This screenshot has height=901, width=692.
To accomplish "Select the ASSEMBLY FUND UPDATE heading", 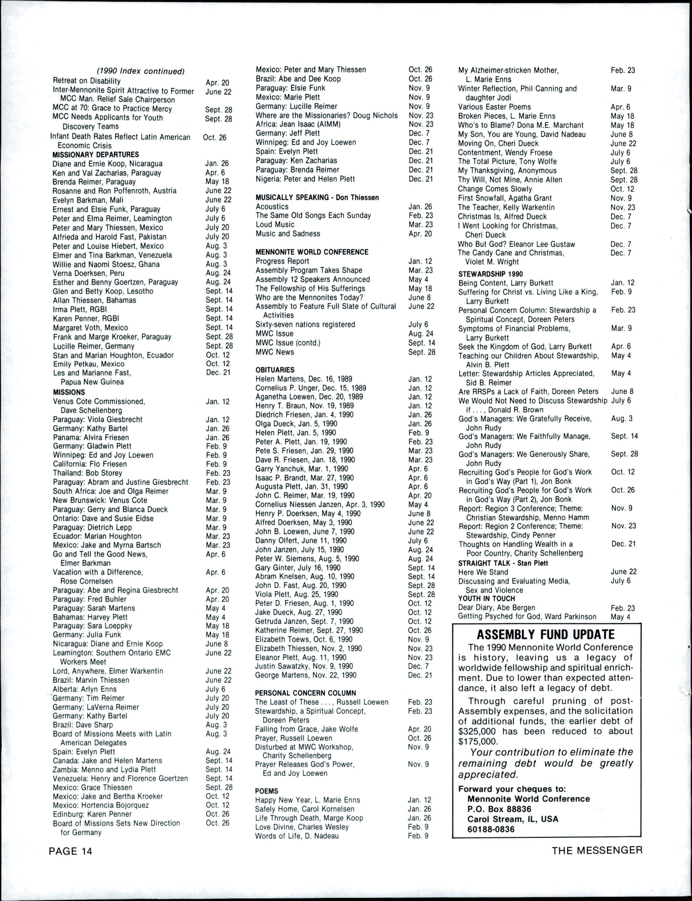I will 545,634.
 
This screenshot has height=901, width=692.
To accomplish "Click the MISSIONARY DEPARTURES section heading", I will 96,155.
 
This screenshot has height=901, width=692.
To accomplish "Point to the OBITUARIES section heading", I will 275,370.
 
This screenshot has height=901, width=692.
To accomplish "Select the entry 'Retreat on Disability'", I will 87,81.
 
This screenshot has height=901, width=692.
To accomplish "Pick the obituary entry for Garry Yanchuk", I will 301,469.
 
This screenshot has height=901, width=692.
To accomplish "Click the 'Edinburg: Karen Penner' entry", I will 92,814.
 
